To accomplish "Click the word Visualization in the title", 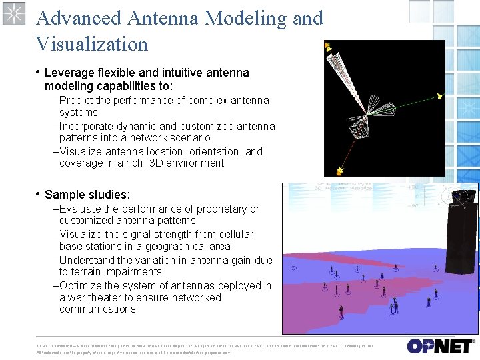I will coord(92,44).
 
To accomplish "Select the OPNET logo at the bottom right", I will coord(440,346).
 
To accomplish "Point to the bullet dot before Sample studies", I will coord(37,194).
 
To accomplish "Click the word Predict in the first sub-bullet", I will coord(77,101).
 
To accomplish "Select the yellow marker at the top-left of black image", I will coord(328,47).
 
